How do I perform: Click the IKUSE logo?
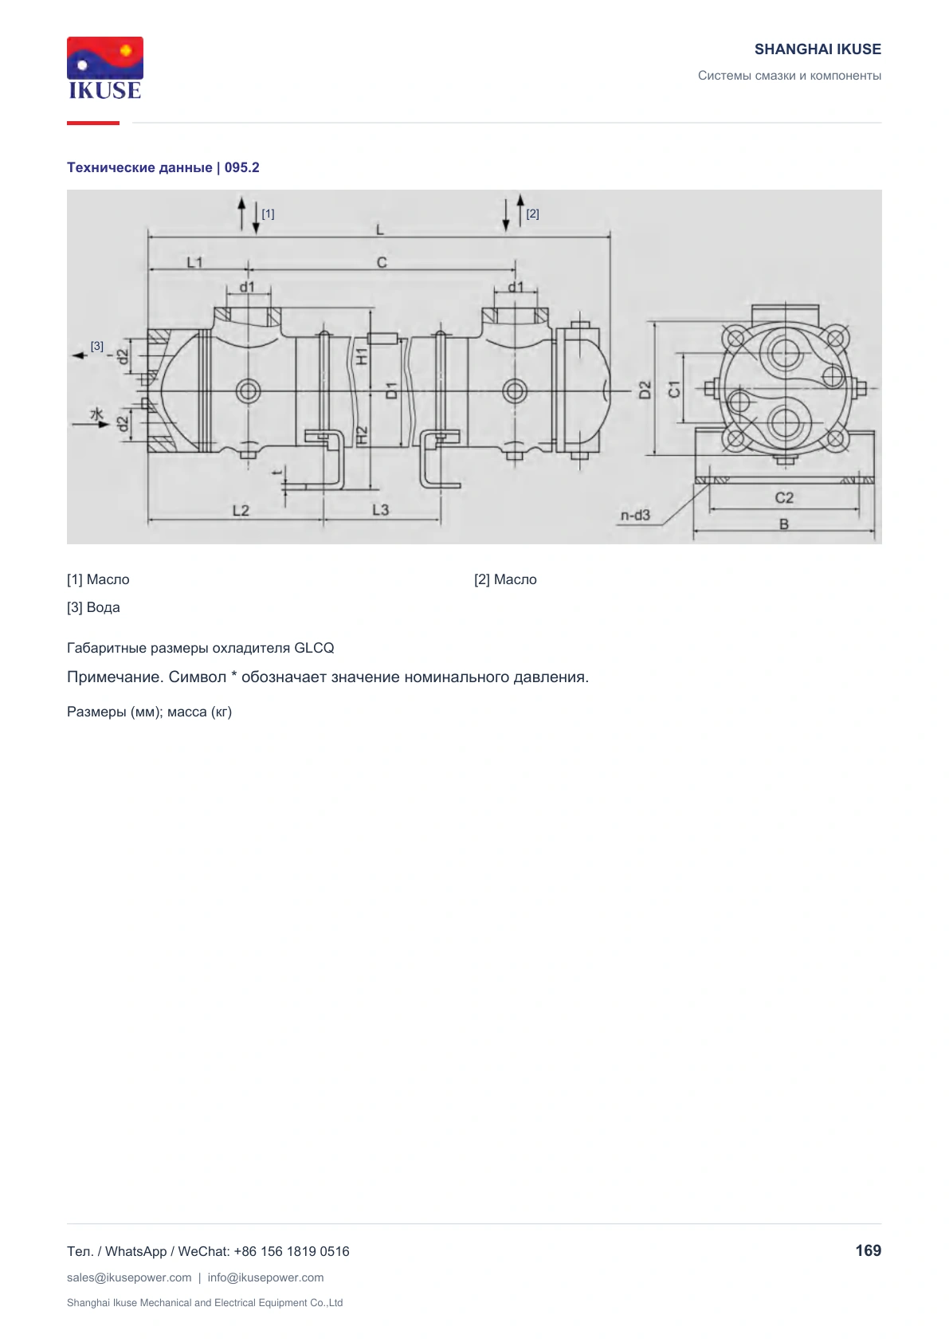(105, 68)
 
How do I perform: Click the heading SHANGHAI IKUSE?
(818, 49)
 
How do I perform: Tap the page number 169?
(868, 1250)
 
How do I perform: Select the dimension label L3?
(380, 510)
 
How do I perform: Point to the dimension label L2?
(241, 511)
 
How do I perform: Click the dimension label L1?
(194, 262)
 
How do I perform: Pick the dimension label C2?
(783, 497)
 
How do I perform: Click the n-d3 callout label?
(635, 516)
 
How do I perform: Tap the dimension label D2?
(645, 390)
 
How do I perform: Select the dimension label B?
(783, 524)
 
